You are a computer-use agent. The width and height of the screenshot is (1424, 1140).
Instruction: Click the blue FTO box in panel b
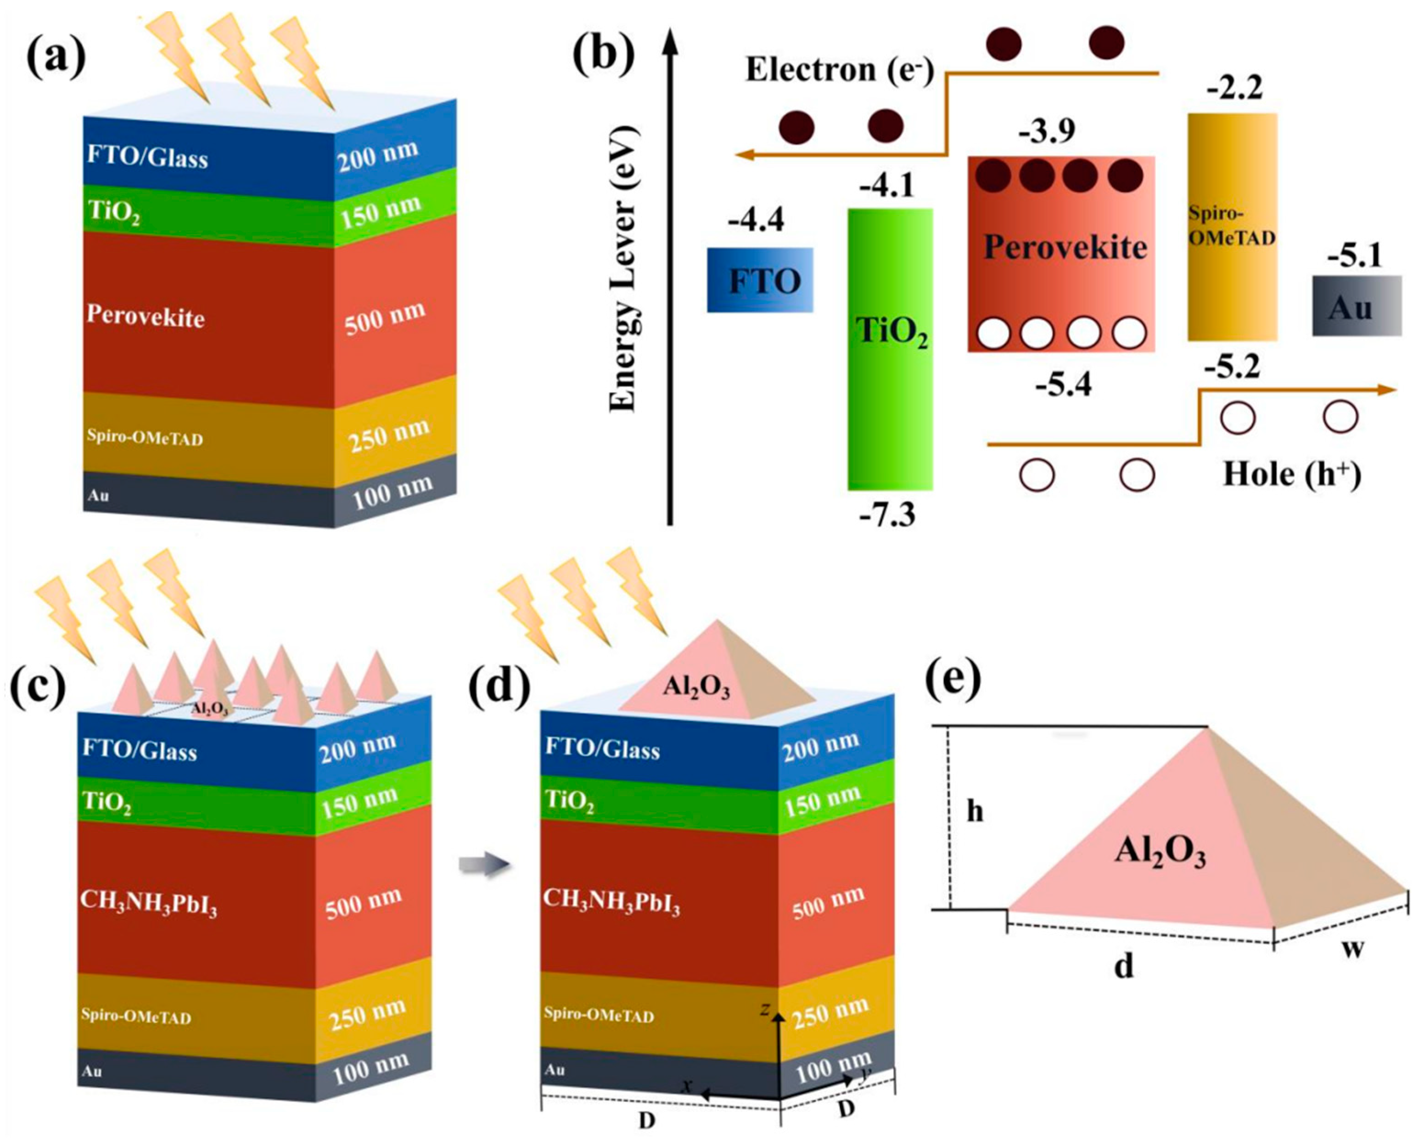(x=760, y=280)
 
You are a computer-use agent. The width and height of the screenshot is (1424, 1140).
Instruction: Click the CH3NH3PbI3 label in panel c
(x=149, y=902)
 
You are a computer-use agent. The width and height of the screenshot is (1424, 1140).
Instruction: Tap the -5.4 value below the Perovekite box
(x=1063, y=385)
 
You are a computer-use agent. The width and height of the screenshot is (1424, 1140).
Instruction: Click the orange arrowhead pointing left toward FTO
(x=745, y=155)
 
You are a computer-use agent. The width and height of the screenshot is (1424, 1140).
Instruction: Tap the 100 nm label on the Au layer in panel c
(x=370, y=1069)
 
